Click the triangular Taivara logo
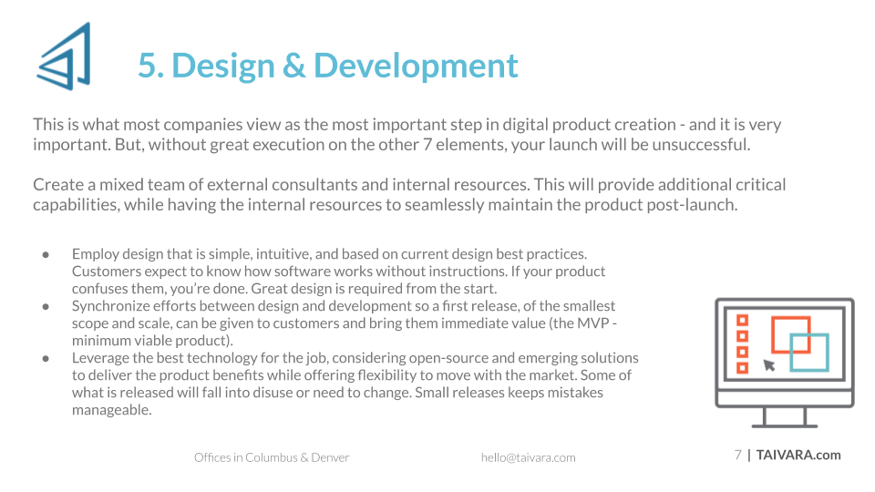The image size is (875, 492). coord(64,56)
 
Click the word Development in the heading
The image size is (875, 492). coord(416,67)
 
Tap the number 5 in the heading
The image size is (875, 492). coord(148,66)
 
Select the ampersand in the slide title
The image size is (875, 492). coord(293,66)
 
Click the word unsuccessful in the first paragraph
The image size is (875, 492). coord(700,145)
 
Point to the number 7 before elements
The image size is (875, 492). coord(427,145)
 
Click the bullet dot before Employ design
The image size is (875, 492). coord(46,255)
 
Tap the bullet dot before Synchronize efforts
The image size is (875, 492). coord(46,307)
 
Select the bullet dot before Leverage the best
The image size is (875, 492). coord(46,359)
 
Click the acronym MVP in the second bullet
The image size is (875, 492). coord(592,323)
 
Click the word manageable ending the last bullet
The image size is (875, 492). coord(110,411)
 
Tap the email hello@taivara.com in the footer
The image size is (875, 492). coord(529,458)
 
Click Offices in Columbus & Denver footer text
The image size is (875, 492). coord(272,458)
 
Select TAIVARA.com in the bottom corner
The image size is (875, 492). coord(798,456)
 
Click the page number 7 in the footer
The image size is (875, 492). coord(737,456)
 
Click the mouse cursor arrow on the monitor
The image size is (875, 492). coord(769,365)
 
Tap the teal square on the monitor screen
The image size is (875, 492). coord(809,353)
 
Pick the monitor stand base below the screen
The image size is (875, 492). coord(785,425)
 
